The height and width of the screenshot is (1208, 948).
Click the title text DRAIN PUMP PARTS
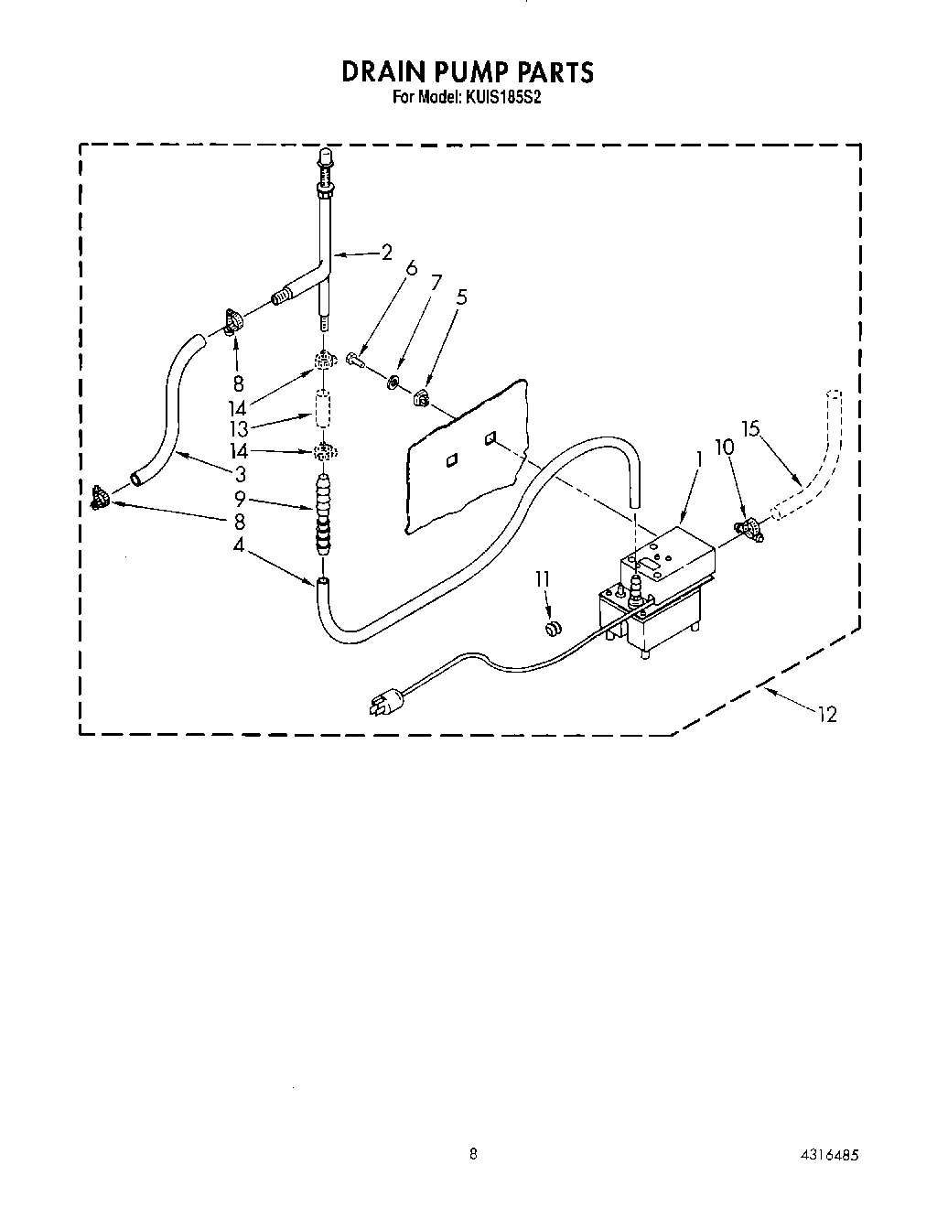468,71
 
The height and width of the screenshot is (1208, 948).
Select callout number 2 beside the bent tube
387,252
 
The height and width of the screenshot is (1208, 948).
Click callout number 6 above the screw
412,267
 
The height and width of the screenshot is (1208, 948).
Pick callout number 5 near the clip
461,297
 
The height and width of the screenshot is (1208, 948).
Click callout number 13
239,426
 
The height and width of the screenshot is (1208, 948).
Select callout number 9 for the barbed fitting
239,500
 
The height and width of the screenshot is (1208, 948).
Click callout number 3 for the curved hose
240,474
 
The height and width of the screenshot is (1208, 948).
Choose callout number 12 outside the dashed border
827,715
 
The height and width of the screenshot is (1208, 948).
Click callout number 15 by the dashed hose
751,427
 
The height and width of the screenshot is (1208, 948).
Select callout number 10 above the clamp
725,447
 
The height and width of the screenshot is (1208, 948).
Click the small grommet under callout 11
552,629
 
